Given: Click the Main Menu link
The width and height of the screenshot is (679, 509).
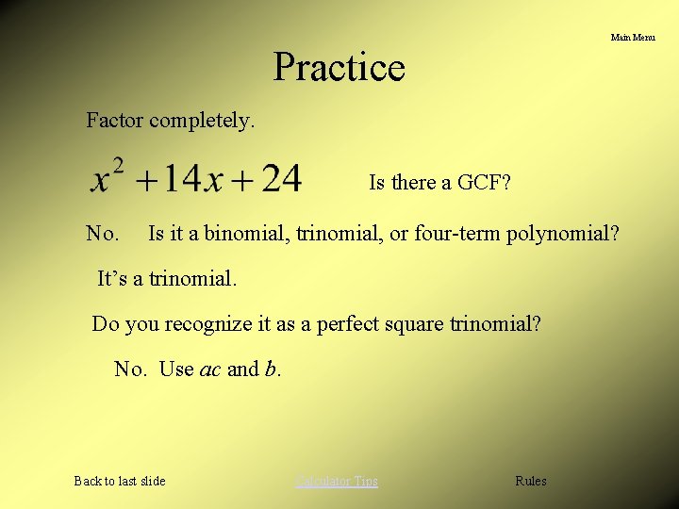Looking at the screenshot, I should point(632,38).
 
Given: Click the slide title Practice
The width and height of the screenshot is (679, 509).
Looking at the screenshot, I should point(339,67).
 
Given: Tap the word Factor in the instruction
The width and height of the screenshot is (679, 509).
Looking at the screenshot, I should point(115,121).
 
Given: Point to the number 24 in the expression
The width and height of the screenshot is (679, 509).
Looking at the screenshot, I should point(281,178).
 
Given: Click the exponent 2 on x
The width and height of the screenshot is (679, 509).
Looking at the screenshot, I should point(118,166).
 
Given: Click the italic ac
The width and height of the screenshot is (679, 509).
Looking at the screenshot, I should point(210,369).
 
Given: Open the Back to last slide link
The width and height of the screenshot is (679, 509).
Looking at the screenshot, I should point(120,481).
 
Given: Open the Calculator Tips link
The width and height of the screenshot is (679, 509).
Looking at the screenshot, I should point(337,481).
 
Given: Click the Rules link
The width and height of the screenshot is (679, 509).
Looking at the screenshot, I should point(530,481).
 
